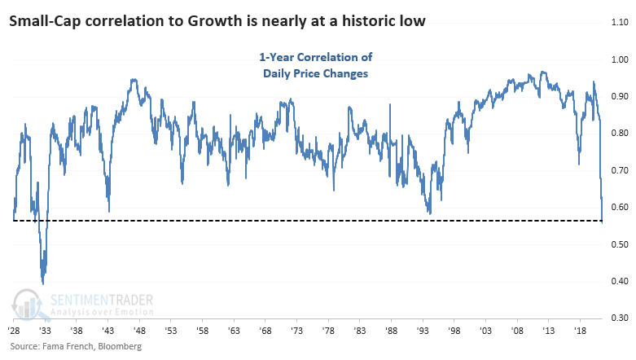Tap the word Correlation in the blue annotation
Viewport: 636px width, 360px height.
click(x=325, y=57)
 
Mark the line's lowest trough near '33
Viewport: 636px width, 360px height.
click(x=42, y=283)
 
